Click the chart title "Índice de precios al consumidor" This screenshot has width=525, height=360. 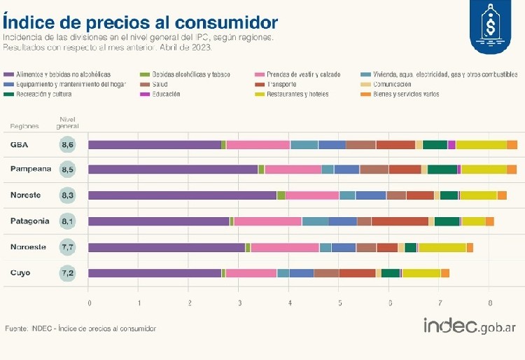(x=140, y=21)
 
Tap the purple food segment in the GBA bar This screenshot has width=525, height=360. (x=155, y=145)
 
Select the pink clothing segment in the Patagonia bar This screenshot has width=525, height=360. (x=267, y=221)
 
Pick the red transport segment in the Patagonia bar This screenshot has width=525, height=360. (x=400, y=221)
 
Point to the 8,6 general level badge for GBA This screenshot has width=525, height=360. (x=68, y=145)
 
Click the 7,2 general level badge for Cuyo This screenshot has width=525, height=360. (x=68, y=273)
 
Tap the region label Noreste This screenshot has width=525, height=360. (x=26, y=195)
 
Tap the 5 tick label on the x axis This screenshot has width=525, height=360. (x=340, y=303)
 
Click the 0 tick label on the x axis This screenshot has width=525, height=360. (x=89, y=303)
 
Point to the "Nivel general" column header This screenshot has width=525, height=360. (x=68, y=123)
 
